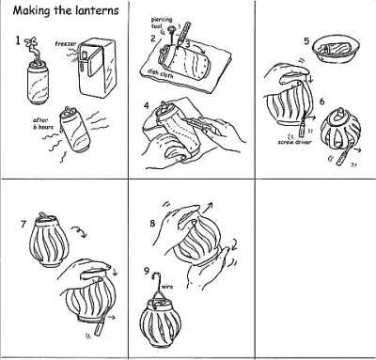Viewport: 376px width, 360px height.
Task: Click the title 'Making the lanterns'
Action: (66, 10)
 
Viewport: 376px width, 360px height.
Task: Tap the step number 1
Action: (18, 40)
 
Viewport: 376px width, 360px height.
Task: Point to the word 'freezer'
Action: (66, 44)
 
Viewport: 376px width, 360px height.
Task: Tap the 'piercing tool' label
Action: (162, 23)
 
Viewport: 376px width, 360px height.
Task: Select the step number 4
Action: (147, 106)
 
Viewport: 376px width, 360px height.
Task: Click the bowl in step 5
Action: (337, 49)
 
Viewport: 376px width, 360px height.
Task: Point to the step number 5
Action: (306, 41)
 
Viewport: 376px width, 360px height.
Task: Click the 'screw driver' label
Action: (294, 142)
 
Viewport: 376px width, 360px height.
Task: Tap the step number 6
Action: (322, 102)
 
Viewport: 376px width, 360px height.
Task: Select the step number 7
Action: (23, 224)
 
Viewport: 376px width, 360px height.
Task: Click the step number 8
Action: (152, 224)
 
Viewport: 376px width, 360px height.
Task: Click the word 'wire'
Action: (167, 287)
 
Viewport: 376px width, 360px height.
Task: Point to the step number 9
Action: (147, 271)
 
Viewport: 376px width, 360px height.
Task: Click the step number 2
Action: (153, 39)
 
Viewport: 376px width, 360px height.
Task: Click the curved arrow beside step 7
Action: (78, 232)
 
